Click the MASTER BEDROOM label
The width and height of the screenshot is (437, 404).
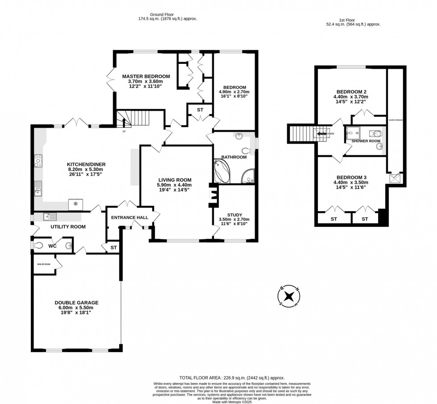[146, 76]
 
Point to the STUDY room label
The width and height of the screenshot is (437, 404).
[234, 214]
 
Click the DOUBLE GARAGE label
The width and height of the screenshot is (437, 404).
[76, 303]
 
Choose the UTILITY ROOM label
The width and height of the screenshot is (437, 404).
[68, 227]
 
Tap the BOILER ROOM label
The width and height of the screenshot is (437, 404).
[44, 264]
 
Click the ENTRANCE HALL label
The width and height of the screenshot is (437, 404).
[129, 217]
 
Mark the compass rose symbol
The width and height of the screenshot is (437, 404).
[289, 296]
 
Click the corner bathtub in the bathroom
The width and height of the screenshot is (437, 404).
[222, 173]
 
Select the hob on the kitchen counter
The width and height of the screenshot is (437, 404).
[37, 160]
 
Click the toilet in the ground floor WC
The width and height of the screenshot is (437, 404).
[39, 246]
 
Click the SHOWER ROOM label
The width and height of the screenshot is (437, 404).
[366, 141]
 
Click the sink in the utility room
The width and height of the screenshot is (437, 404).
[50, 217]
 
